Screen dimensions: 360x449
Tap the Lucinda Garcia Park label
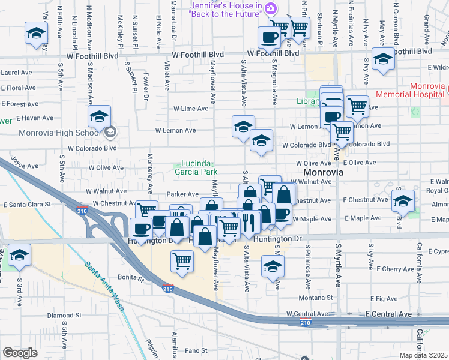coord(196,167)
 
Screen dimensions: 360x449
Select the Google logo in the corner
coord(20,353)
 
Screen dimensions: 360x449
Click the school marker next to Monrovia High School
coord(100,117)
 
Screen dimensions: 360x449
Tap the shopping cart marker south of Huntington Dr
coord(182,261)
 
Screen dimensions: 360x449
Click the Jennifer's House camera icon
coord(270,8)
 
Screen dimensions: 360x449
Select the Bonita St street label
coord(131,278)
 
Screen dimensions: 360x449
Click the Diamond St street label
coord(64,315)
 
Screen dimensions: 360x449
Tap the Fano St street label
coord(196,350)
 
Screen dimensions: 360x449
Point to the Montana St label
coord(316,298)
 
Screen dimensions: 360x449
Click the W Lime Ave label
coord(191,109)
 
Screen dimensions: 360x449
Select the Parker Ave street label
coord(182,194)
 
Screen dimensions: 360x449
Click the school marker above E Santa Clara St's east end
coord(403,200)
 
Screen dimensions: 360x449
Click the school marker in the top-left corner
coord(36,33)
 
